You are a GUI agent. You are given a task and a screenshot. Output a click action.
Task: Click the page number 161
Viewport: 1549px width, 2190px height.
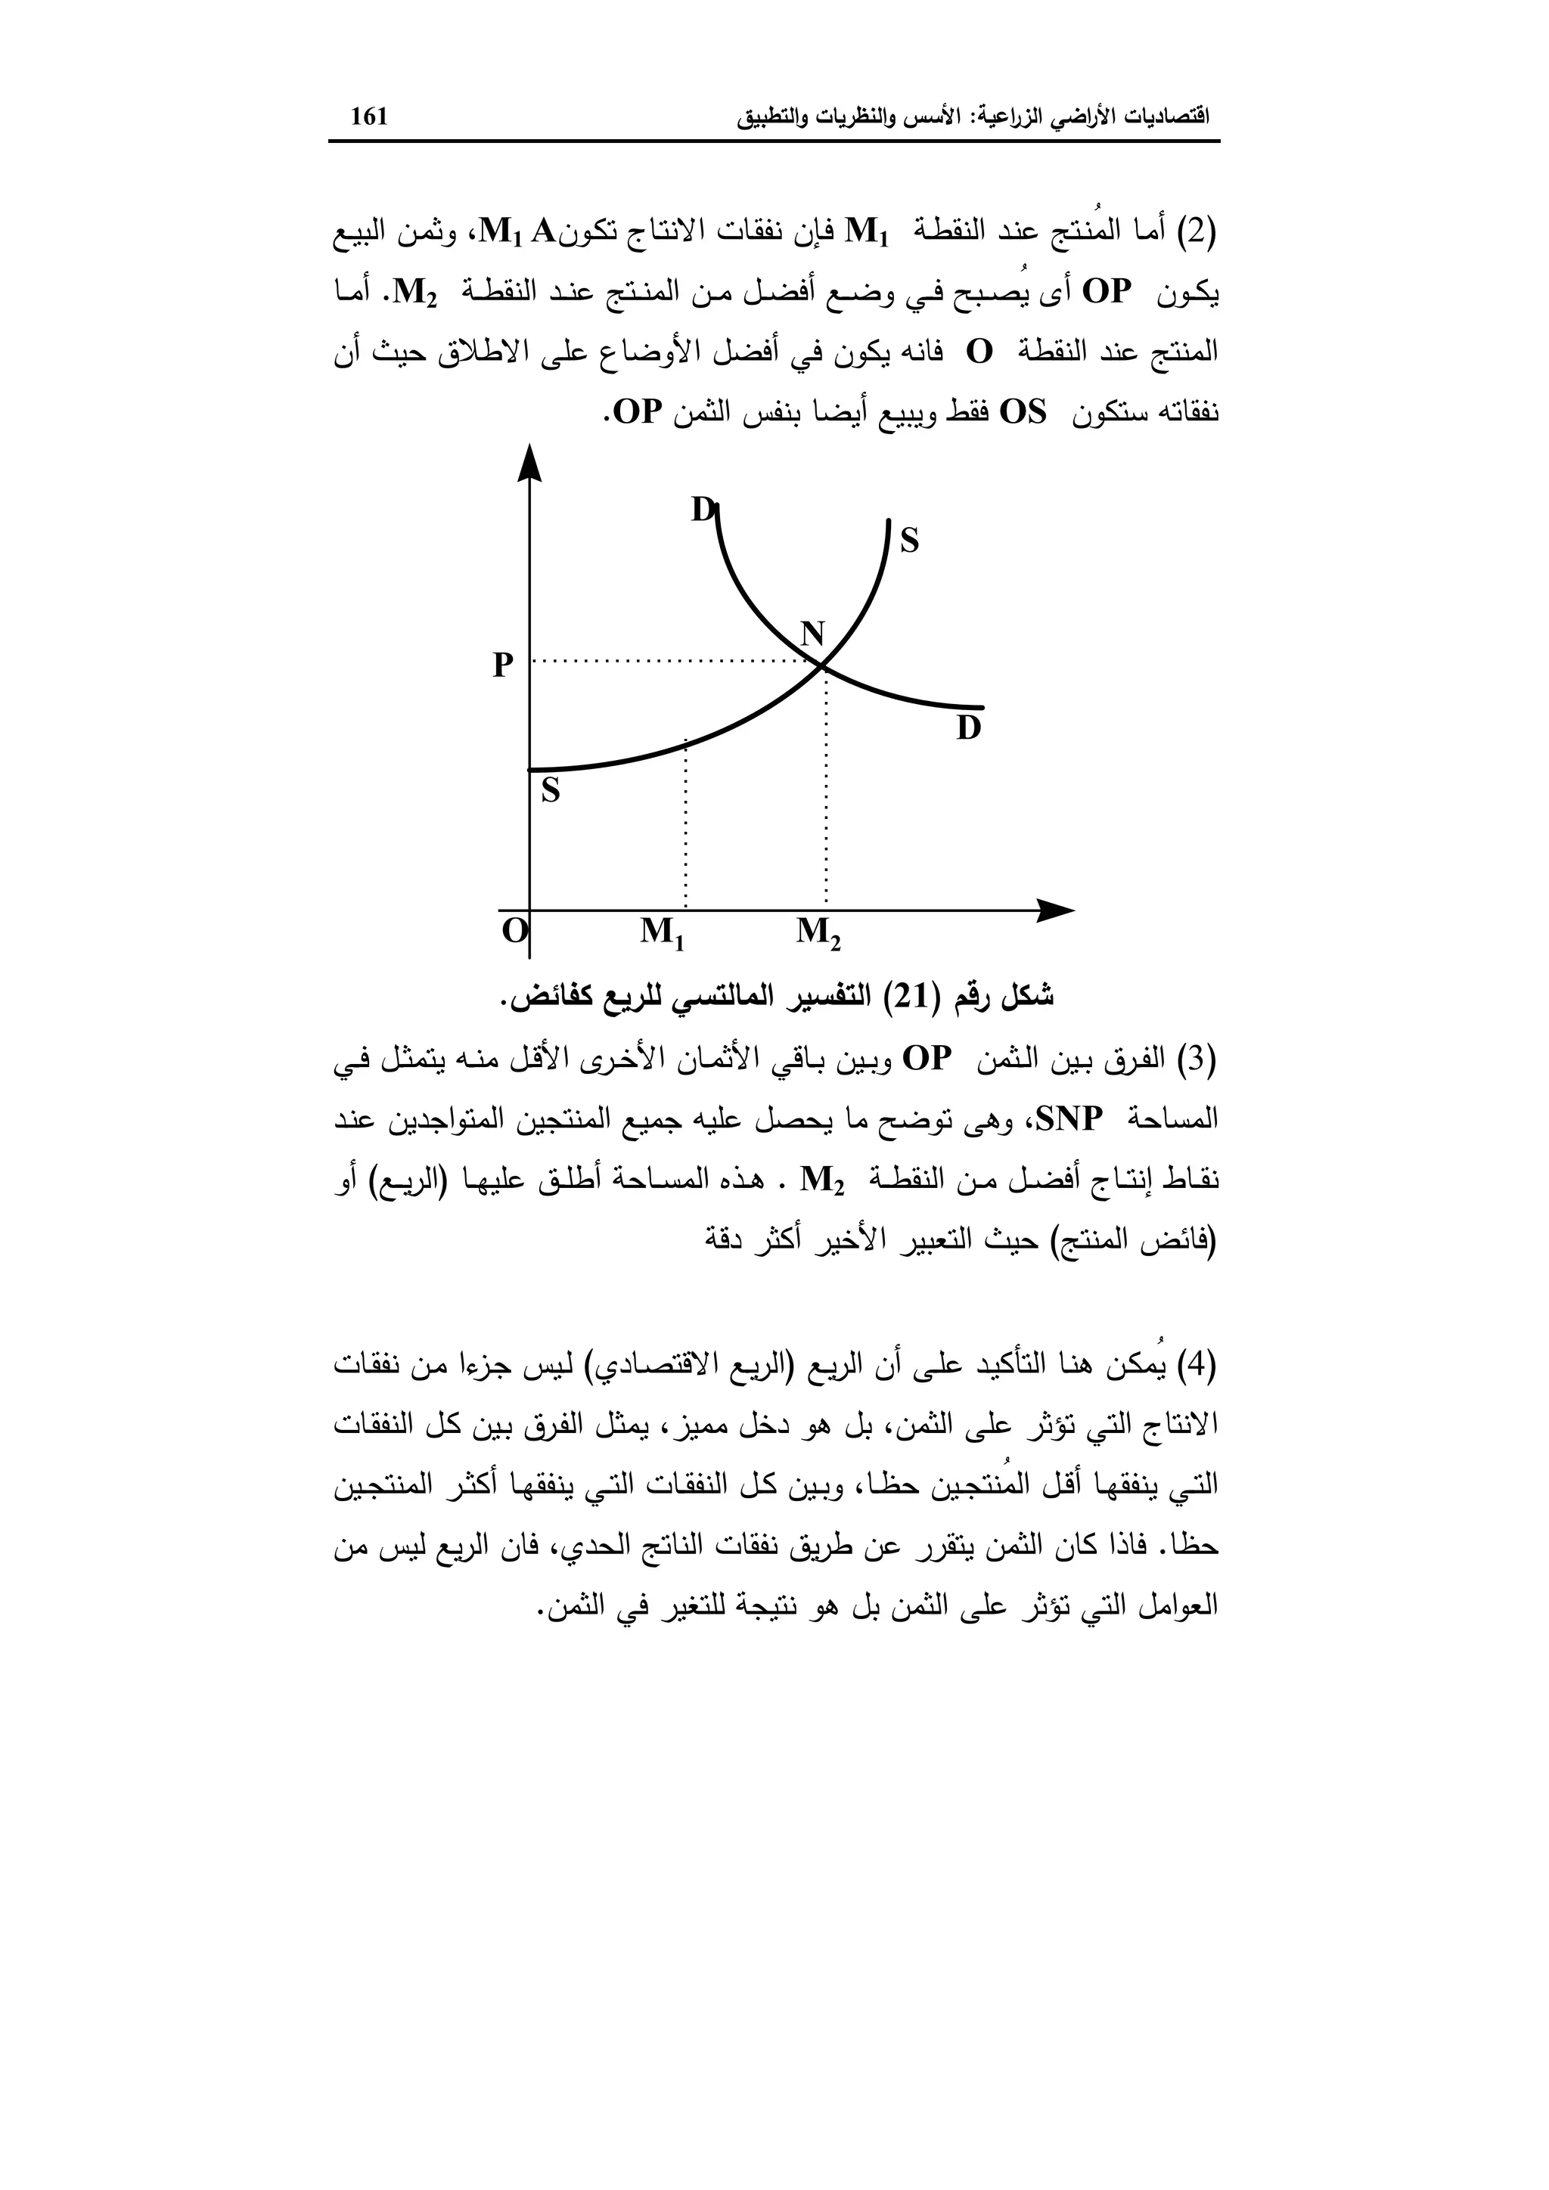369,116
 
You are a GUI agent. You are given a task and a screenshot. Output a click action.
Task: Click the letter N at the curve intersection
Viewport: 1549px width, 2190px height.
812,634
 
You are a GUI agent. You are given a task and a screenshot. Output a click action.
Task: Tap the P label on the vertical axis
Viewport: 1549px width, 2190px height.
503,665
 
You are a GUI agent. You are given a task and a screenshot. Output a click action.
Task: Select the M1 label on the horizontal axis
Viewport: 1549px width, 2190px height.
663,930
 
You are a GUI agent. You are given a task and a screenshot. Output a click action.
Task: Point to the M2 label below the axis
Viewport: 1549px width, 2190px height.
818,930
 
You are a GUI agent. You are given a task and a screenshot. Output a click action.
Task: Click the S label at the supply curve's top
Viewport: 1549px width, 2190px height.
909,541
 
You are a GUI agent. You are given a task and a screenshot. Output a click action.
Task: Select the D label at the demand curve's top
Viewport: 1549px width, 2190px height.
702,510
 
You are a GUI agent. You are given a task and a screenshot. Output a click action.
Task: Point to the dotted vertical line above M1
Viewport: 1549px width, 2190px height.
686,825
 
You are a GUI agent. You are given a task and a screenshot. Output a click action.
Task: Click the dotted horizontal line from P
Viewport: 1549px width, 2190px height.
668,660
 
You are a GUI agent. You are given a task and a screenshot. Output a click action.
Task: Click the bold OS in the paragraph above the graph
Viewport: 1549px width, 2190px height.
1023,413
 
